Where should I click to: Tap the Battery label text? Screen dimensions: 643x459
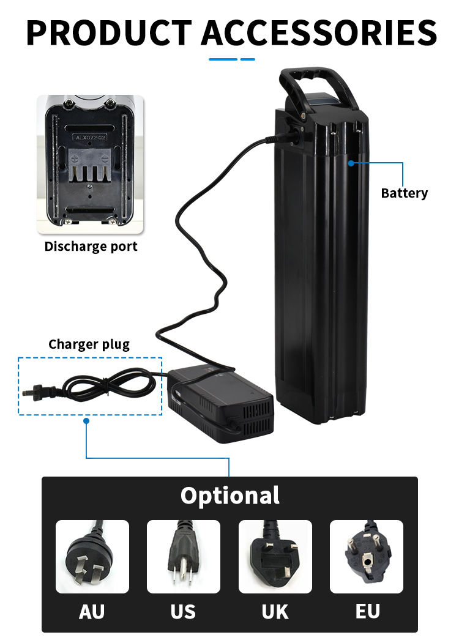(x=404, y=193)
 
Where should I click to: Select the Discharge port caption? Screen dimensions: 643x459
(x=91, y=247)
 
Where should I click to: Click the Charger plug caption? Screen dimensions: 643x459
(x=89, y=344)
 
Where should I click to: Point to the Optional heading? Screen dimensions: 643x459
(x=229, y=495)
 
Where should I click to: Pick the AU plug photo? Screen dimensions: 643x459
(x=92, y=556)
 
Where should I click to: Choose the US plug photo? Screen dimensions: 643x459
(x=184, y=556)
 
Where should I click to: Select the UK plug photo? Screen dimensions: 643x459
(x=275, y=556)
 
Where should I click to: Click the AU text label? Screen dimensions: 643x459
(x=92, y=611)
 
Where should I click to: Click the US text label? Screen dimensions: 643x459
(x=183, y=611)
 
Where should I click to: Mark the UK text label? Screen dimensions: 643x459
(x=275, y=611)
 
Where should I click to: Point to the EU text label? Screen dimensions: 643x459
(x=367, y=611)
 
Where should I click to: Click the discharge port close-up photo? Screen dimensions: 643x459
(x=91, y=164)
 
